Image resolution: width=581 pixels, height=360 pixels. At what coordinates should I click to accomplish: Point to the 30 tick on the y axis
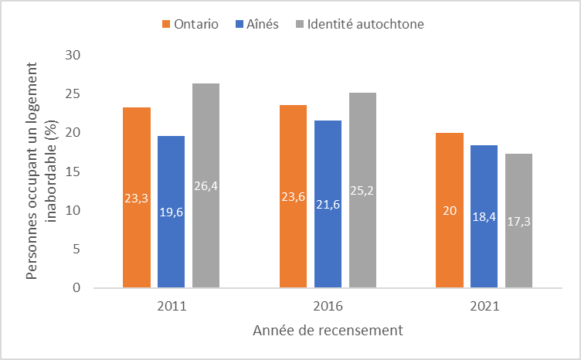pos(74,56)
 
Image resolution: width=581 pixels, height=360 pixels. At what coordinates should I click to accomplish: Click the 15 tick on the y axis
pos(74,172)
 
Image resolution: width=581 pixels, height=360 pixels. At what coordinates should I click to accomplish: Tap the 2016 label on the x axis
pos(328,306)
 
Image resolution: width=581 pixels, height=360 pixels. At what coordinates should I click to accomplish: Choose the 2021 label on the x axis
pos(484,306)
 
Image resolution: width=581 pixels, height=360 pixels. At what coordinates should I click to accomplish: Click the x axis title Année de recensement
pos(328,331)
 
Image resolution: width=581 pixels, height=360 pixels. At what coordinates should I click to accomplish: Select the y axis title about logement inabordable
pos(42,172)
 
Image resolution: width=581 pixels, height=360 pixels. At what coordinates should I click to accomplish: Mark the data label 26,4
pos(206,185)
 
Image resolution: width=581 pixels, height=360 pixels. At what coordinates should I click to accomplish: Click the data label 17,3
pos(518,221)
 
